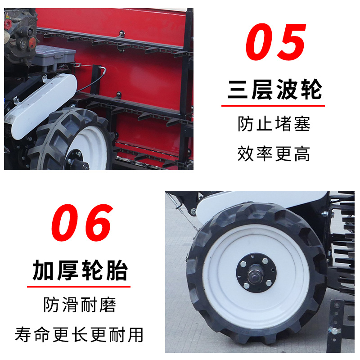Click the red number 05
(276, 42)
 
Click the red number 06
(82, 222)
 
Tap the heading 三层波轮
(274, 89)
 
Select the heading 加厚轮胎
(80, 270)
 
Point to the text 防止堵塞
(274, 124)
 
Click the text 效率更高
(274, 153)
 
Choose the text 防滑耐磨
(80, 305)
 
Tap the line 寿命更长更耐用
(79, 334)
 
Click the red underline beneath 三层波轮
(273, 106)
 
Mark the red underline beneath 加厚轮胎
(79, 287)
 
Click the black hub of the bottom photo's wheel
(256, 273)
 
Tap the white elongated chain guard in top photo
(41, 106)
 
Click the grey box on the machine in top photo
(54, 57)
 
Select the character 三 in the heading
(238, 89)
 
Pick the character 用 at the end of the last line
(136, 334)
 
